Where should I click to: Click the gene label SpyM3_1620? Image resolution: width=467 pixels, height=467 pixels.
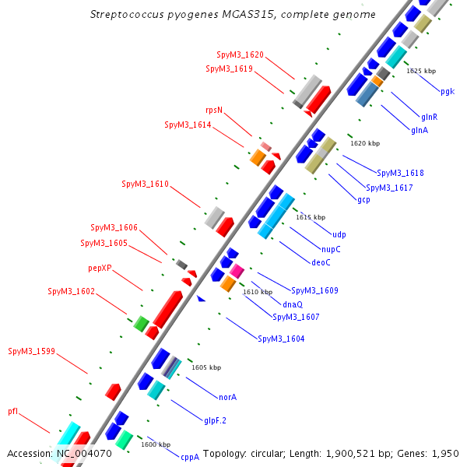240,54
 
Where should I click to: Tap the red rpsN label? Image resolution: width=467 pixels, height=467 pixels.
214,111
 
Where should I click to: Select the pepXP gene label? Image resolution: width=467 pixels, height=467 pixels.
100,269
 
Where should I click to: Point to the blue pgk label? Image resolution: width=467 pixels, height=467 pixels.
448,91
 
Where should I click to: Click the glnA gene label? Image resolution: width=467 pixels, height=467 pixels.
420,130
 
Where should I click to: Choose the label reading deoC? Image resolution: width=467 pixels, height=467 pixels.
321,262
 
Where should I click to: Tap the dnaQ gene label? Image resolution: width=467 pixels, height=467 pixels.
293,304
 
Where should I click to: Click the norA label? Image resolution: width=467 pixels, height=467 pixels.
227,397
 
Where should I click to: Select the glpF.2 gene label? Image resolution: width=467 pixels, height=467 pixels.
215,421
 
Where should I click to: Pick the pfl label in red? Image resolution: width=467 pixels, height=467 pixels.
12,411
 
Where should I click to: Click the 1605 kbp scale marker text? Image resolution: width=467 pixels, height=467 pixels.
206,367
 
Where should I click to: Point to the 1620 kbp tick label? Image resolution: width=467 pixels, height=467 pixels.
365,143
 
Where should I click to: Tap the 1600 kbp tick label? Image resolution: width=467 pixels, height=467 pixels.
156,444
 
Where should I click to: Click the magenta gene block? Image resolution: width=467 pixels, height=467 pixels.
237,271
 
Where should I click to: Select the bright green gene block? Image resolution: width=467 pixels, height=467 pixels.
141,324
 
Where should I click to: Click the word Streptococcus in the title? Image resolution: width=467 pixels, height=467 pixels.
127,14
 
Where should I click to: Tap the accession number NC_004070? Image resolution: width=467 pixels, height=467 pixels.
84,454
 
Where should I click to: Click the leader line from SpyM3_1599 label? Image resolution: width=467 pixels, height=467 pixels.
72,363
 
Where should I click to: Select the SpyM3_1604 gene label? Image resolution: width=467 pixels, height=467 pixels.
281,339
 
